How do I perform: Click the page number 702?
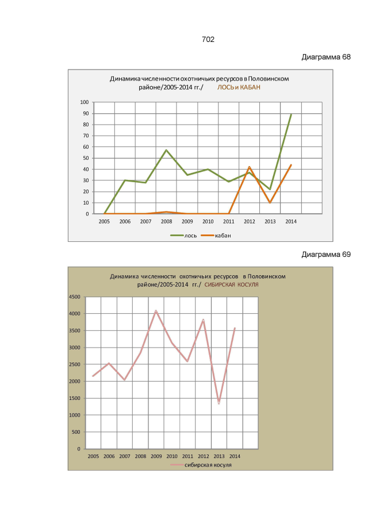click(208, 40)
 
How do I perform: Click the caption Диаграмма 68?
click(326, 57)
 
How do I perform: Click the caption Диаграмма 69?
click(326, 254)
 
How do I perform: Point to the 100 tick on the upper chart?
click(84, 102)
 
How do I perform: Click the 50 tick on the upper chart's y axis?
click(85, 158)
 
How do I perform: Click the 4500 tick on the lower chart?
click(74, 297)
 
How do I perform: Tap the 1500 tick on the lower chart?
click(74, 398)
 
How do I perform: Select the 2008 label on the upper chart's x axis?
click(166, 221)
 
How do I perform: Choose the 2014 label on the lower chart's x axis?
click(235, 456)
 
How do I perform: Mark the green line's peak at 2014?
click(291, 114)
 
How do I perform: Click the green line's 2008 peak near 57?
click(166, 151)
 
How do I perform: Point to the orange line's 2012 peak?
click(249, 167)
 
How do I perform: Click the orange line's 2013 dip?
click(270, 202)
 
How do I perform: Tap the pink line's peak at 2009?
click(155, 311)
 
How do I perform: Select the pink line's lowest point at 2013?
click(219, 403)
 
